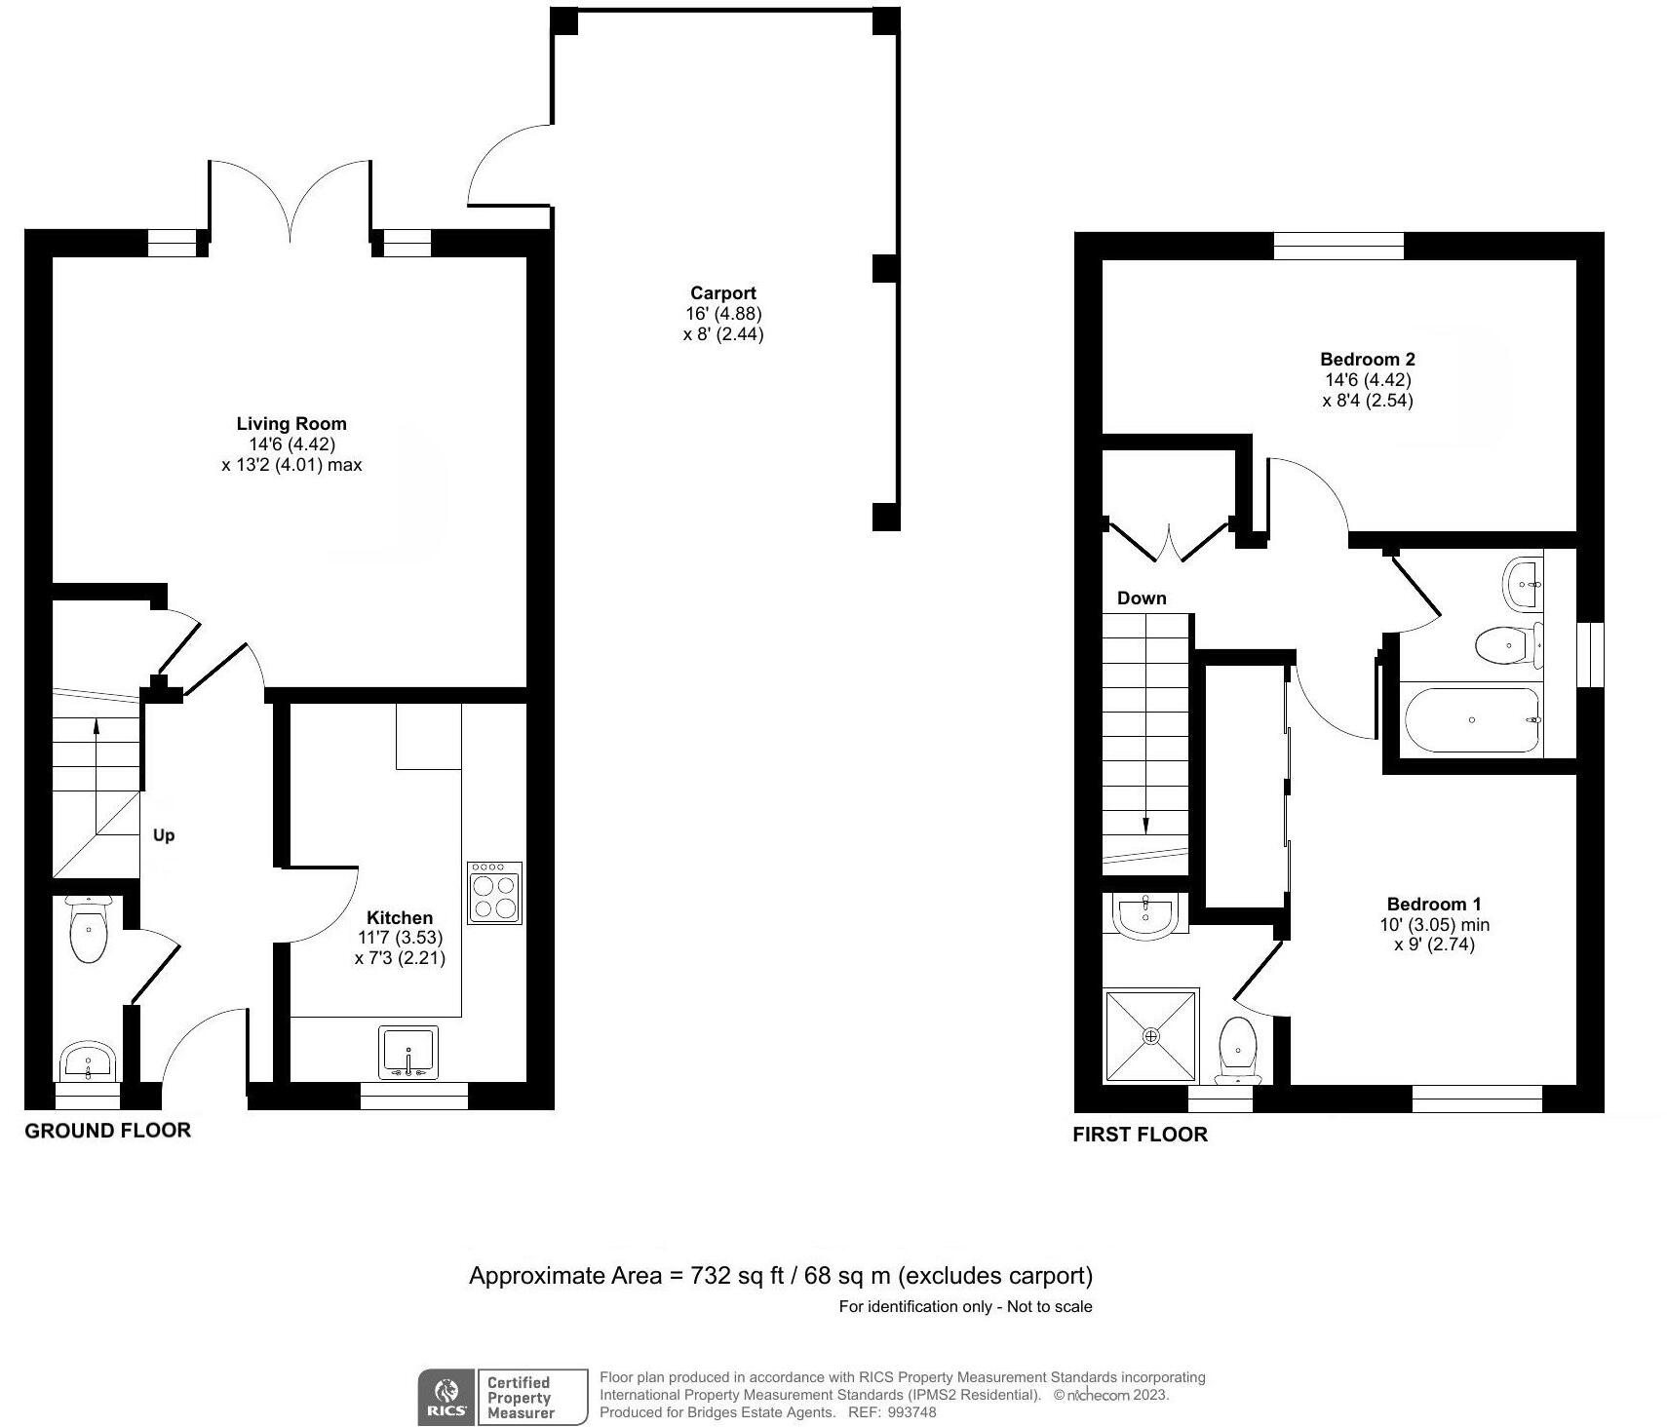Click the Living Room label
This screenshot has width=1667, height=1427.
[291, 424]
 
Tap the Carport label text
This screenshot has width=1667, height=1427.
[722, 293]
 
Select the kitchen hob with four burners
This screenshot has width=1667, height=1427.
[494, 893]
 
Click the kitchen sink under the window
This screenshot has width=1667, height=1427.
[408, 1053]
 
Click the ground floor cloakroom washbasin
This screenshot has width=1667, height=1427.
[89, 1061]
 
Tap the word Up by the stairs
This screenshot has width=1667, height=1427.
[164, 835]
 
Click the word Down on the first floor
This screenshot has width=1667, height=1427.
[1142, 598]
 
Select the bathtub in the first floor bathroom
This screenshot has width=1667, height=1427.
[1472, 720]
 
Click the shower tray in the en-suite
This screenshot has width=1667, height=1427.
[1151, 1036]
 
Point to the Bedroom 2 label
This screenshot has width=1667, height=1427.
[1367, 360]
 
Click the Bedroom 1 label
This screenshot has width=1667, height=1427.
[1433, 905]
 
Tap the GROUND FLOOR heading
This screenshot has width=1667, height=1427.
[107, 1131]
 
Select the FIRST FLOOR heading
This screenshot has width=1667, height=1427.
[1140, 1135]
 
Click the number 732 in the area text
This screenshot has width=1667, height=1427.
[711, 1276]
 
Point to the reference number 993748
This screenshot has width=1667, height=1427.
[912, 1412]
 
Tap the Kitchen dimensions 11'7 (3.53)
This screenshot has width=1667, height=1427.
[400, 938]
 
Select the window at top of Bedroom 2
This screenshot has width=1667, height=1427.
[1338, 246]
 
